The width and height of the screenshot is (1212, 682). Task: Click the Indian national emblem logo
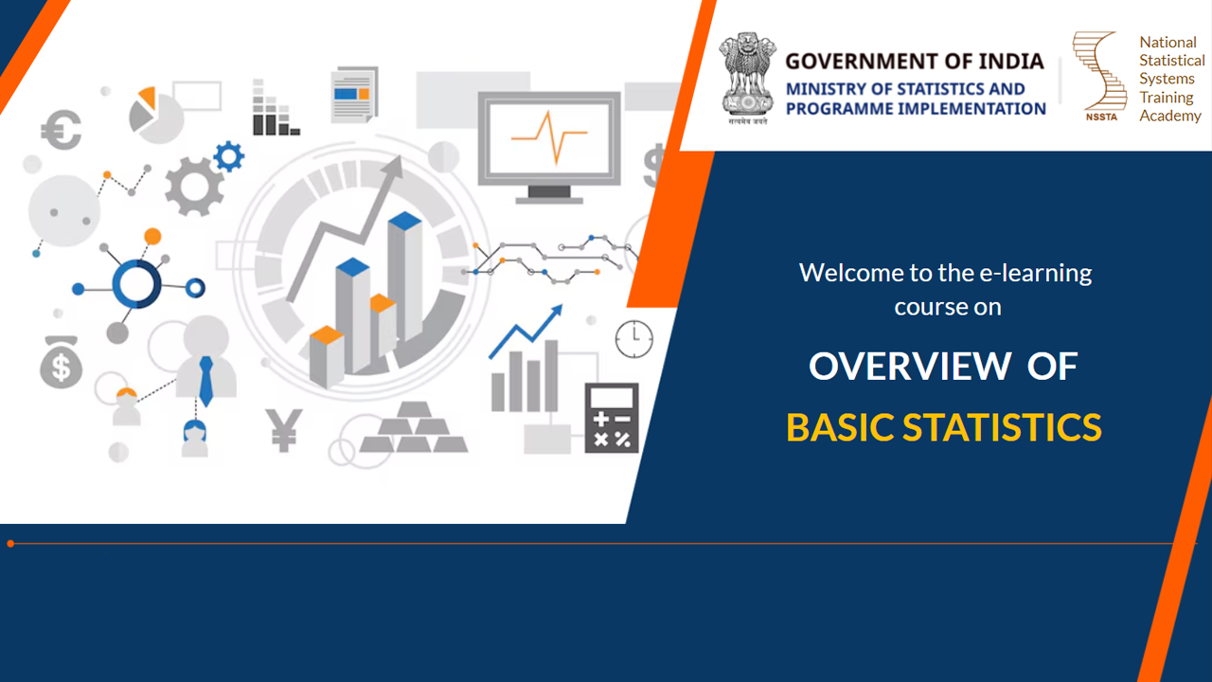(x=747, y=79)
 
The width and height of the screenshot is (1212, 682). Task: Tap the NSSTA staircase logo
(x=1098, y=76)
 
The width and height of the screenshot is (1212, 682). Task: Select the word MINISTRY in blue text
(x=820, y=89)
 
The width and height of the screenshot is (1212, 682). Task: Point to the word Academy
(x=1169, y=116)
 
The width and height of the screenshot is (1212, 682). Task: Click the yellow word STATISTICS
(x=1002, y=427)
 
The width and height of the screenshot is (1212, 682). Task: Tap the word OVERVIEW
(x=910, y=367)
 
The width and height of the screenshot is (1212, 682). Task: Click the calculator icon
(x=612, y=418)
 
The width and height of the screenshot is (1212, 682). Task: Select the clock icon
(x=634, y=339)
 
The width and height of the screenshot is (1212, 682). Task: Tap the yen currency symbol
(x=283, y=430)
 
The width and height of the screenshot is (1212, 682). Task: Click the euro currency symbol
(x=62, y=130)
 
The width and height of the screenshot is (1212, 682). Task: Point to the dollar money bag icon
(x=62, y=362)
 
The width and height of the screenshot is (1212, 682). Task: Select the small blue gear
(x=229, y=156)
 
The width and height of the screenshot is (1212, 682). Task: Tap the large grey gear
(x=194, y=187)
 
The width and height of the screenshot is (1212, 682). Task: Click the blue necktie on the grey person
(x=206, y=381)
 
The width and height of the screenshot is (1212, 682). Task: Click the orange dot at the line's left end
(x=10, y=544)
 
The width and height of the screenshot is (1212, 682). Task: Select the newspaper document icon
(x=354, y=95)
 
